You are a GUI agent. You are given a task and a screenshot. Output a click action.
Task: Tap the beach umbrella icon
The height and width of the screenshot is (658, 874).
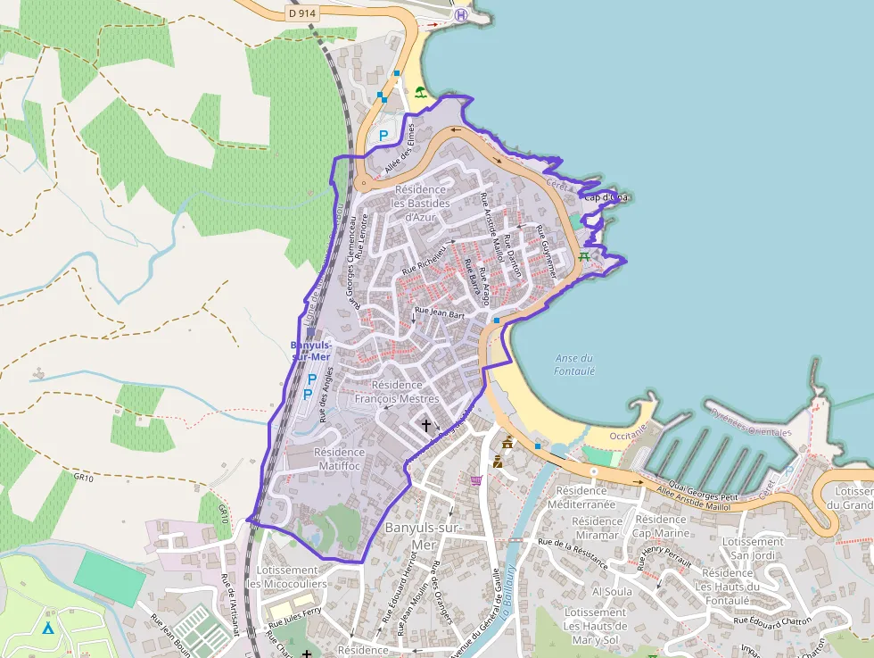pos(419,91)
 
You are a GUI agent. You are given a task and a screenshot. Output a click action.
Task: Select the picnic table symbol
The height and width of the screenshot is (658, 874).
pos(584,257)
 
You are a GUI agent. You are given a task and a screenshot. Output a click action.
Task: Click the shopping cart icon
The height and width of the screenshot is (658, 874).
pos(476,480)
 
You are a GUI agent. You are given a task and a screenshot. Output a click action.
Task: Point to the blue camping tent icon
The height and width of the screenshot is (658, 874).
pos(47,628)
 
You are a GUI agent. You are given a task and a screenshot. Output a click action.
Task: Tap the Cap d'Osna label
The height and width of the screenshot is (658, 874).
pos(606,197)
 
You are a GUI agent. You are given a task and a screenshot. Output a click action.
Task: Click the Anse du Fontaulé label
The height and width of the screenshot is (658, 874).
pos(574,364)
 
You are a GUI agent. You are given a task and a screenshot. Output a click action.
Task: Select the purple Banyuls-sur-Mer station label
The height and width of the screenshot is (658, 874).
pos(311,350)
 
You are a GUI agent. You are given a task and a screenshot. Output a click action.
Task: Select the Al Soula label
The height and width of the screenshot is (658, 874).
pos(612,591)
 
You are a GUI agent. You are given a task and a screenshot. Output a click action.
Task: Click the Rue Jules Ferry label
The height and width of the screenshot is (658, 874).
pos(293,618)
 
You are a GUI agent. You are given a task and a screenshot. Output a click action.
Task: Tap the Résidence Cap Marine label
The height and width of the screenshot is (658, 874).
pos(661,526)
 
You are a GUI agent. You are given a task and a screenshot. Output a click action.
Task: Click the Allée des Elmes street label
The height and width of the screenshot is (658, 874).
pos(399,148)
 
